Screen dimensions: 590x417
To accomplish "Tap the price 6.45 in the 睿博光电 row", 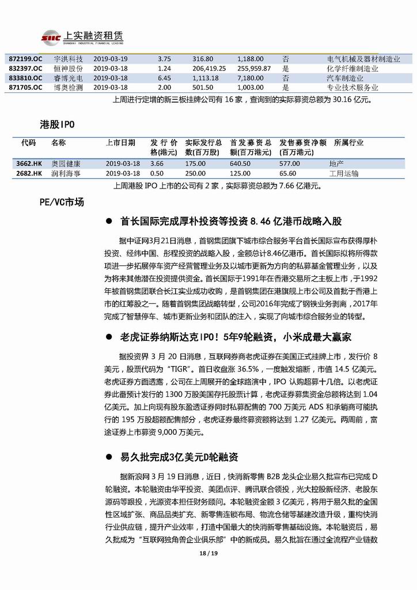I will click(164, 78).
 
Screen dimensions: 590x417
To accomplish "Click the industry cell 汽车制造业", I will click(345, 78).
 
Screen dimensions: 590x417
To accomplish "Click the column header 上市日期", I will click(121, 142).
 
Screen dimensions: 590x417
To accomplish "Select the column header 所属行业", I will click(348, 142).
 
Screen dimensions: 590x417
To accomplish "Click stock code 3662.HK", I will click(29, 164).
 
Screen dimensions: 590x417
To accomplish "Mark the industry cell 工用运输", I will click(343, 173).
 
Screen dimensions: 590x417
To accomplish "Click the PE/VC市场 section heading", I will click(62, 202).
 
